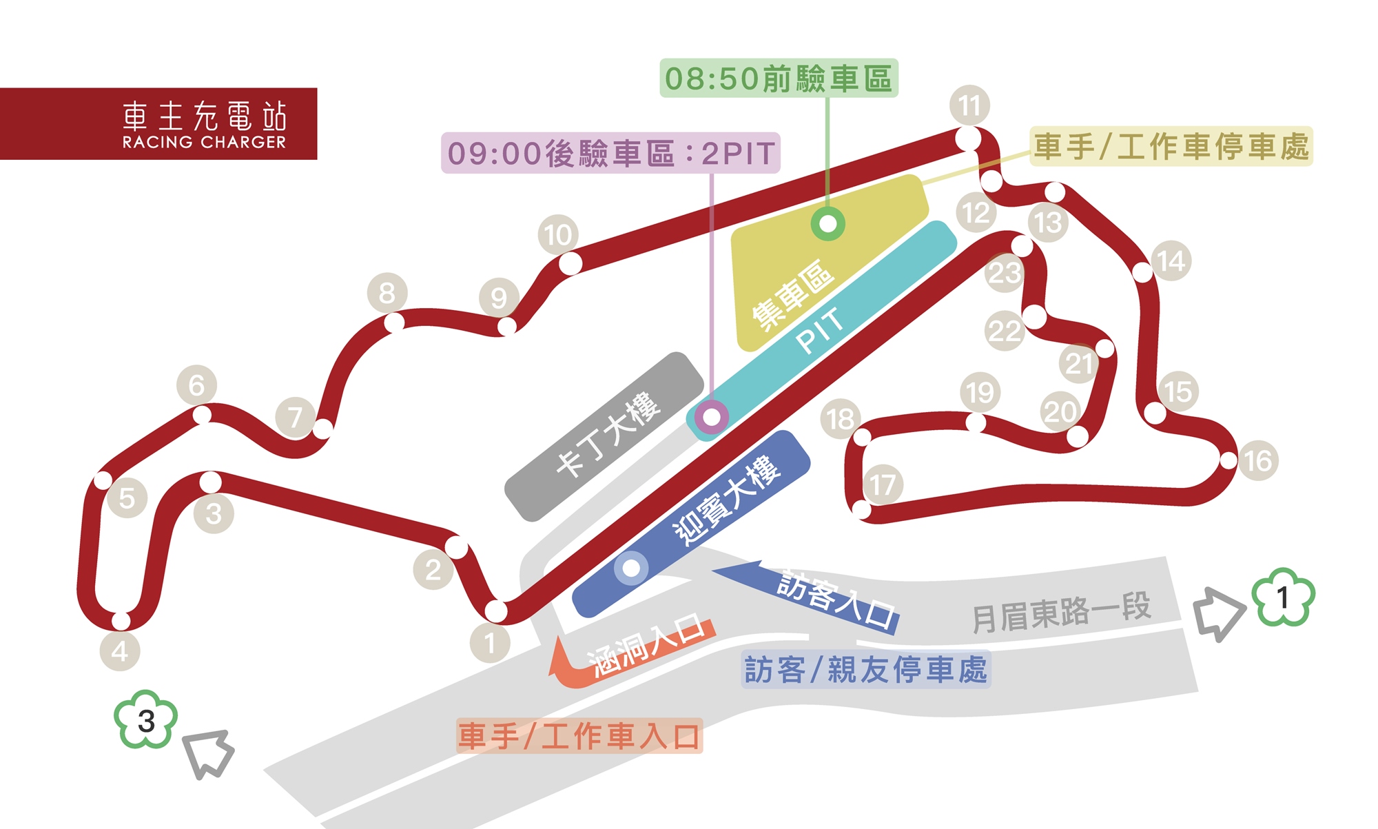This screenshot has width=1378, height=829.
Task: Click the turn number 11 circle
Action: pos(969,106)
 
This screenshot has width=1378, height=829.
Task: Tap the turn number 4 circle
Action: pos(120,651)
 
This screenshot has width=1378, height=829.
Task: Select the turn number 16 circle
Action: pos(1258,460)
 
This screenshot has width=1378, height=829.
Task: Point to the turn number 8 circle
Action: pos(387,293)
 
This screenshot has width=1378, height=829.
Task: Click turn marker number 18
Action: pos(841,419)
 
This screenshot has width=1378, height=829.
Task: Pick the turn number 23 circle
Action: pos(1005,273)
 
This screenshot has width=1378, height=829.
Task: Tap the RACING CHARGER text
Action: pos(204,142)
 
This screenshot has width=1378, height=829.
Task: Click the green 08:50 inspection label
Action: pos(779,79)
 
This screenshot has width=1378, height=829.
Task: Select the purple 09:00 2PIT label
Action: pos(610,153)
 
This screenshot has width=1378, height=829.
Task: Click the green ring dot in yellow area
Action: pos(827,224)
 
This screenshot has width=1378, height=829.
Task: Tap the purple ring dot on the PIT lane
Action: pos(712,417)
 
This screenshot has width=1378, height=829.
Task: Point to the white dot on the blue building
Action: pos(631,569)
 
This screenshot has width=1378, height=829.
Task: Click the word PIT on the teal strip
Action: pos(819,331)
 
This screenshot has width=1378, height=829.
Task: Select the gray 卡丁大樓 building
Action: pos(605,437)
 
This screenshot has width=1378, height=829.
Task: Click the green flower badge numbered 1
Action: pos(1283,597)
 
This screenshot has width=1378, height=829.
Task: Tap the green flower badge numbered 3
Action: pos(146,720)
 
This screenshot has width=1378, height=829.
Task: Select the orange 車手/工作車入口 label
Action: pos(579,736)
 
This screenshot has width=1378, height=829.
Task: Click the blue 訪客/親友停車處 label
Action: pos(866,669)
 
